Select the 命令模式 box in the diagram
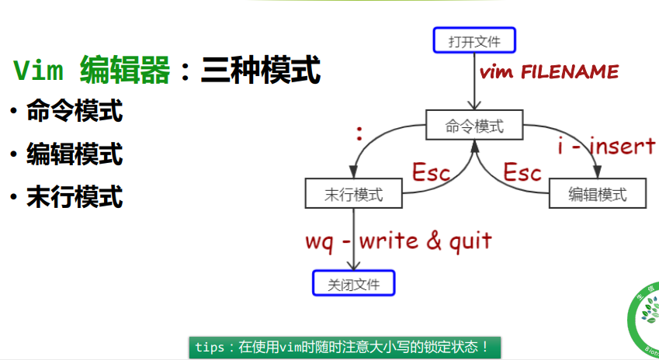pos(473,126)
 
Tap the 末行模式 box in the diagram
pos(354,194)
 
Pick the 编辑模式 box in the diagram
pos(598,194)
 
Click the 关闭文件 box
pos(354,284)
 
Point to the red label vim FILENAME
pos(550,73)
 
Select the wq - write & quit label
pos(398,241)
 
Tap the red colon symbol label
pos(359,134)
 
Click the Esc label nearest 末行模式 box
pos(431,172)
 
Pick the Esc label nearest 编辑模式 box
pos(522,172)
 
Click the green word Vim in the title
pos(40,71)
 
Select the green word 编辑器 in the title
pos(124,71)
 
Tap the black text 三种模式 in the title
pos(260,71)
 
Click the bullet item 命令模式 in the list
pos(75,112)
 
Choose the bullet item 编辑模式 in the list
pos(75,154)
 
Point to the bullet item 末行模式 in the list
pos(75,196)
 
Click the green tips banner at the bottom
pos(345,347)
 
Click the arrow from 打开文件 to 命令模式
pos(472,81)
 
